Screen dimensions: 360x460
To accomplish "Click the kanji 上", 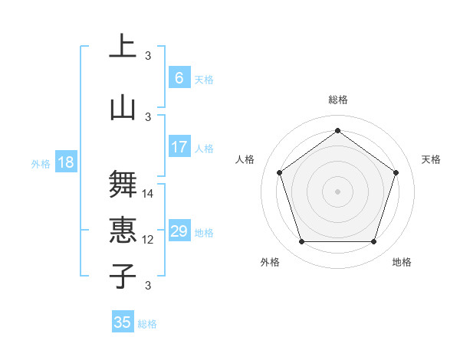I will pyautogui.click(x=123, y=46).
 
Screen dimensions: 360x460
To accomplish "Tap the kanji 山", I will pyautogui.click(x=123, y=108).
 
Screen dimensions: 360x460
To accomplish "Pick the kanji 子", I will pyautogui.click(x=123, y=277).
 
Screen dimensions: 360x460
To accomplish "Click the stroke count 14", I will pyautogui.click(x=148, y=194).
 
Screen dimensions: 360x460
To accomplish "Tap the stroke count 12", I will pyautogui.click(x=148, y=240).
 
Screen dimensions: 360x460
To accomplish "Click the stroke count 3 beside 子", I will pyautogui.click(x=148, y=286).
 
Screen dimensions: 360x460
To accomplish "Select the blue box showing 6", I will pyautogui.click(x=179, y=78).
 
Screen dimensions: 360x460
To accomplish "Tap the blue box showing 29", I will pyautogui.click(x=179, y=231).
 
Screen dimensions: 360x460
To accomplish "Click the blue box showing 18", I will pyautogui.click(x=65, y=162).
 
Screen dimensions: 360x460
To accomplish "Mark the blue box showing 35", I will pyautogui.click(x=122, y=322).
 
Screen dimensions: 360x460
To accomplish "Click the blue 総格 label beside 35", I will pyautogui.click(x=147, y=324).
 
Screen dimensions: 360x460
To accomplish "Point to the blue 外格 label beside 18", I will pyautogui.click(x=41, y=164).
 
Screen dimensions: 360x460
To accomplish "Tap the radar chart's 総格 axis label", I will pyautogui.click(x=337, y=100).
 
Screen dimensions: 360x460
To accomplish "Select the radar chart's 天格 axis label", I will pyautogui.click(x=431, y=159).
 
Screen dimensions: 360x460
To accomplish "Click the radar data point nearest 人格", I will pyautogui.click(x=279, y=172).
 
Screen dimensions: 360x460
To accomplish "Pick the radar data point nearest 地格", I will pyautogui.click(x=373, y=242).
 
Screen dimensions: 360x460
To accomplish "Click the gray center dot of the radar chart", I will pyautogui.click(x=337, y=191).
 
